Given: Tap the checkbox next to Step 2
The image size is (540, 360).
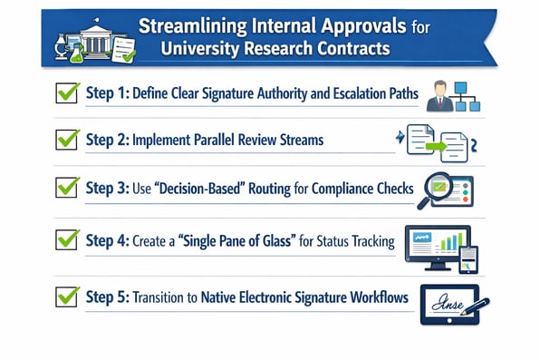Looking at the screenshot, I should click(67, 140).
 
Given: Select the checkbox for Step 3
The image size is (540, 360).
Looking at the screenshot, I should click(67, 189).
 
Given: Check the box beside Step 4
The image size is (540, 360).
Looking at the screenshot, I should click(67, 240).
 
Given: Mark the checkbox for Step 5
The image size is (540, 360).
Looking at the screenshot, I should click(67, 296).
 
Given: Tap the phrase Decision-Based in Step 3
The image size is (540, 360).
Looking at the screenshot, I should click(207, 189).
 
